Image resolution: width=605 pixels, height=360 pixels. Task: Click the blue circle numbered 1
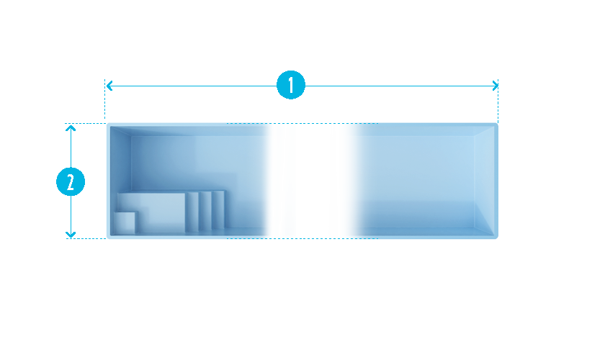(x=291, y=85)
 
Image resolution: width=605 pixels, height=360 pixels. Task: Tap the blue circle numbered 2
(x=71, y=181)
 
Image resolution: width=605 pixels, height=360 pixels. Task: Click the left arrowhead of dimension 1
(x=109, y=86)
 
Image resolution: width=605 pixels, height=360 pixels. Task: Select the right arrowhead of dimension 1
(x=496, y=86)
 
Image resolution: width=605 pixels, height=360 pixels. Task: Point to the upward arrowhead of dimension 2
(x=71, y=128)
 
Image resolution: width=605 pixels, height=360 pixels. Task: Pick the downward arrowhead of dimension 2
(x=71, y=234)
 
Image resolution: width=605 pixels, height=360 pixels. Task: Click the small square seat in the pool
(x=125, y=222)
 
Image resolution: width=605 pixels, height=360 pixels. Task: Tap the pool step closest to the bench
(x=192, y=212)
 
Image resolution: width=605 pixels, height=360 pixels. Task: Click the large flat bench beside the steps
(x=152, y=212)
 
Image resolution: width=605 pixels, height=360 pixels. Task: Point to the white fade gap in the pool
(x=313, y=181)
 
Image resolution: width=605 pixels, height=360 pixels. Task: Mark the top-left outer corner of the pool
(x=107, y=124)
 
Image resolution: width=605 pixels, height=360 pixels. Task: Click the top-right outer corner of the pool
(x=498, y=124)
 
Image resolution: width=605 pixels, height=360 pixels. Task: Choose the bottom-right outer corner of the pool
(x=498, y=238)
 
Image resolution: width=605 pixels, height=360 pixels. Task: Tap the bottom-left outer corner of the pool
(x=107, y=238)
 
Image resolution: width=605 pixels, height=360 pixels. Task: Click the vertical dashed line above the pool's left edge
(x=105, y=99)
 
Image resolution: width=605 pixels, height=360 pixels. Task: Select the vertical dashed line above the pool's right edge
(x=498, y=101)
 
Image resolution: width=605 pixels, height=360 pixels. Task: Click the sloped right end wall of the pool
(x=484, y=181)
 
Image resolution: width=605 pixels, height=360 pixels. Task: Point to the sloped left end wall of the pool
(x=120, y=181)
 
